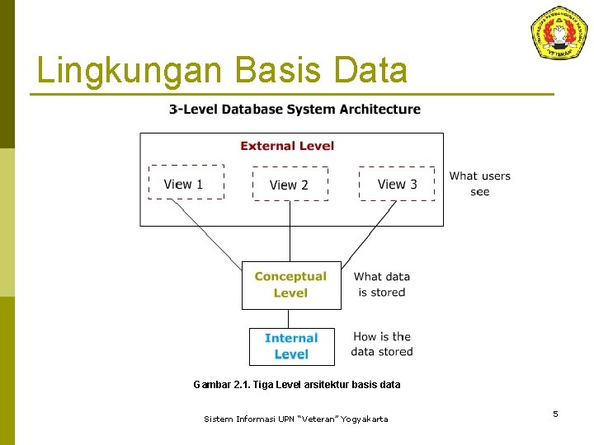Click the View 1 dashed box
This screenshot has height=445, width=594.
point(186,182)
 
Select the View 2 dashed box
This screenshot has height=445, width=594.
point(290,184)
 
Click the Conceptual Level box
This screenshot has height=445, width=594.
point(290,284)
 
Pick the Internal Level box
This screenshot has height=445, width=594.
point(291,346)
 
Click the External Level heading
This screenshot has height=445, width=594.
point(287,146)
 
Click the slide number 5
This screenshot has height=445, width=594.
point(555,414)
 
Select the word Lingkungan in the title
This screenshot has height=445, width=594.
point(128,71)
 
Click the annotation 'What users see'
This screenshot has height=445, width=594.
point(479,184)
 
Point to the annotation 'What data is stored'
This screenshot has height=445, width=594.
point(381,284)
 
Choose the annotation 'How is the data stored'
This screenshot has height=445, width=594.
point(381,344)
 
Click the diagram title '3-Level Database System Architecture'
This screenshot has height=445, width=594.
point(295,110)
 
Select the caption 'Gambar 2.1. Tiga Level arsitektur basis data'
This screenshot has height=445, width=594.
point(296,384)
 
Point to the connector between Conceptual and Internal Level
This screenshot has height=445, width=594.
point(288,319)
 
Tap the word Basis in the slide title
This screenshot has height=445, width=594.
point(280,71)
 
